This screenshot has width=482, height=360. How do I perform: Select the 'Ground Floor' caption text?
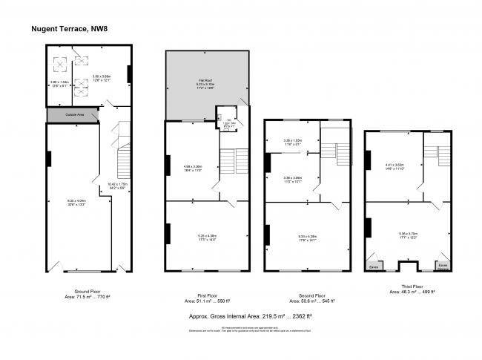(88, 292)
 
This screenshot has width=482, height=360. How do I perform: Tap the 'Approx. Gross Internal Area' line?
(250, 315)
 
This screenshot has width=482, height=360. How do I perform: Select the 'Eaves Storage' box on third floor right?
(442, 265)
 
